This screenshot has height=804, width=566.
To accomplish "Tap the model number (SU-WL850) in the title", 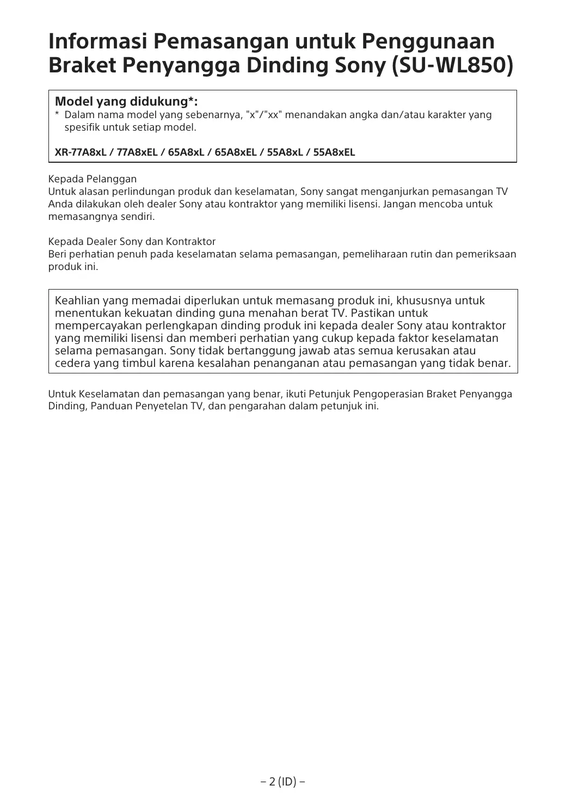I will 452,66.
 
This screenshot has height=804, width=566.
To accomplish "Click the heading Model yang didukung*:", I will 126,102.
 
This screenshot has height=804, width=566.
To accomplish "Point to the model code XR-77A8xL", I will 81,152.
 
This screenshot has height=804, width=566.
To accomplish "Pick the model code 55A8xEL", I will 334,152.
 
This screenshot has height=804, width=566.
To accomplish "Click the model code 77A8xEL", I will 138,152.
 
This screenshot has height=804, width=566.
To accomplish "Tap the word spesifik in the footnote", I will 82,128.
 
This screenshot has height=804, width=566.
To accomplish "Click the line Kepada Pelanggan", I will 93,179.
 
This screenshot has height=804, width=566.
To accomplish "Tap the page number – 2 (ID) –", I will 282,782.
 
